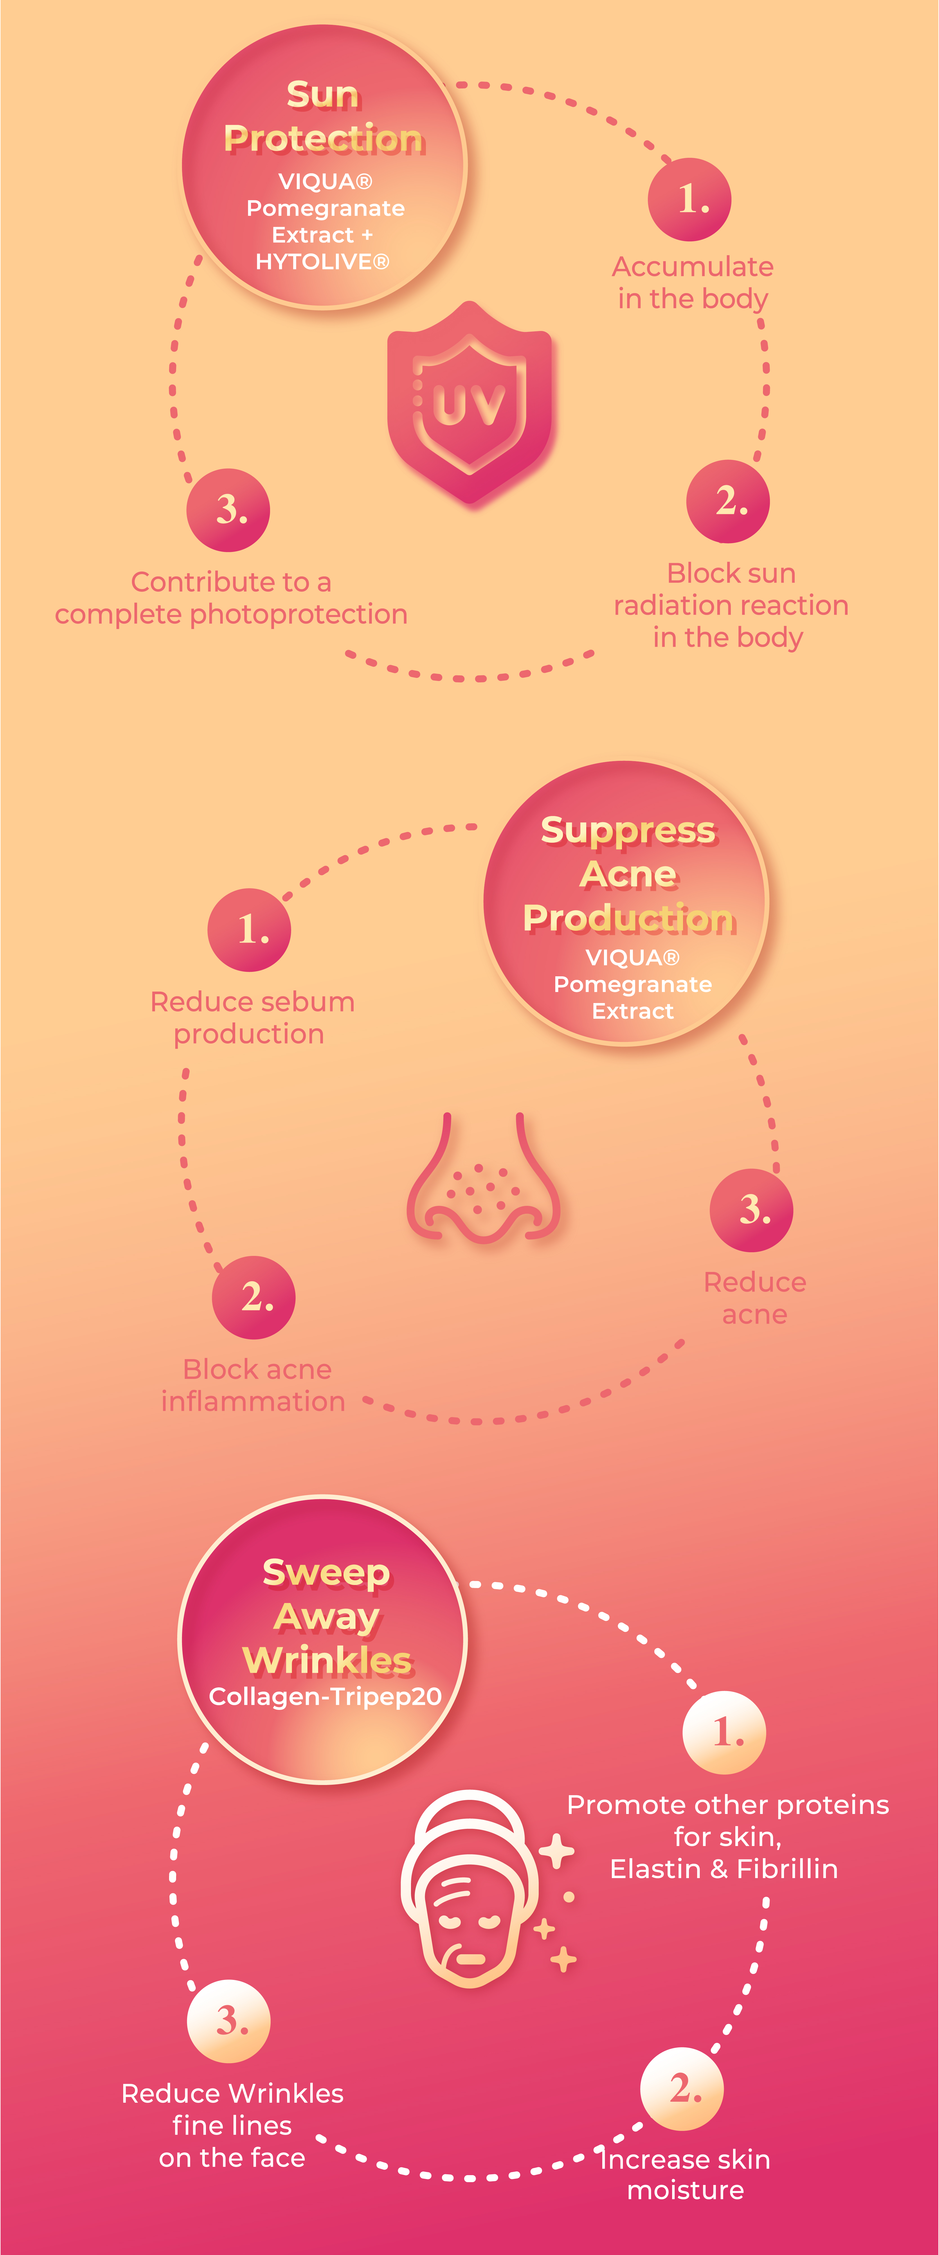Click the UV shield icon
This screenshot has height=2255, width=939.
pyautogui.click(x=470, y=403)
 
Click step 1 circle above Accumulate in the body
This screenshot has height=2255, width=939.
pyautogui.click(x=689, y=199)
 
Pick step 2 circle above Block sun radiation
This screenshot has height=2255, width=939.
pyautogui.click(x=728, y=501)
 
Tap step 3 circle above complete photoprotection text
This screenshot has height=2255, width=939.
pyautogui.click(x=228, y=509)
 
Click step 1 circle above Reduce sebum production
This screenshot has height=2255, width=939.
pyautogui.click(x=250, y=930)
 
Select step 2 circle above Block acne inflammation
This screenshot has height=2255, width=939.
pyautogui.click(x=254, y=1297)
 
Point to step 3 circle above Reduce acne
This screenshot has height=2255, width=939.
pyautogui.click(x=752, y=1210)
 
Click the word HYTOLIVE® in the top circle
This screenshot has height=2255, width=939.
pyautogui.click(x=322, y=262)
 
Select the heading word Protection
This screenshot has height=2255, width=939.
pyautogui.click(x=324, y=138)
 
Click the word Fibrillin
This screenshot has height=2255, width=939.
pyautogui.click(x=787, y=1869)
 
